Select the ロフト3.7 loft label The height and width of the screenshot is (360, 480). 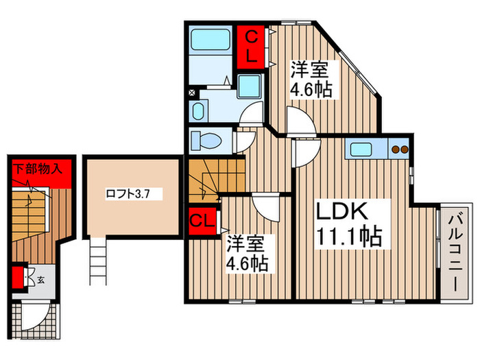tap(128, 194)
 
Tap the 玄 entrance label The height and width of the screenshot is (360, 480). tap(40, 279)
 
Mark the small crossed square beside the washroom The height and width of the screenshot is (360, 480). tap(191, 91)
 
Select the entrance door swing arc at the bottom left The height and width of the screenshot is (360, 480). tap(36, 315)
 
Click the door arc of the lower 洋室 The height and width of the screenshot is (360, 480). tap(261, 204)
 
